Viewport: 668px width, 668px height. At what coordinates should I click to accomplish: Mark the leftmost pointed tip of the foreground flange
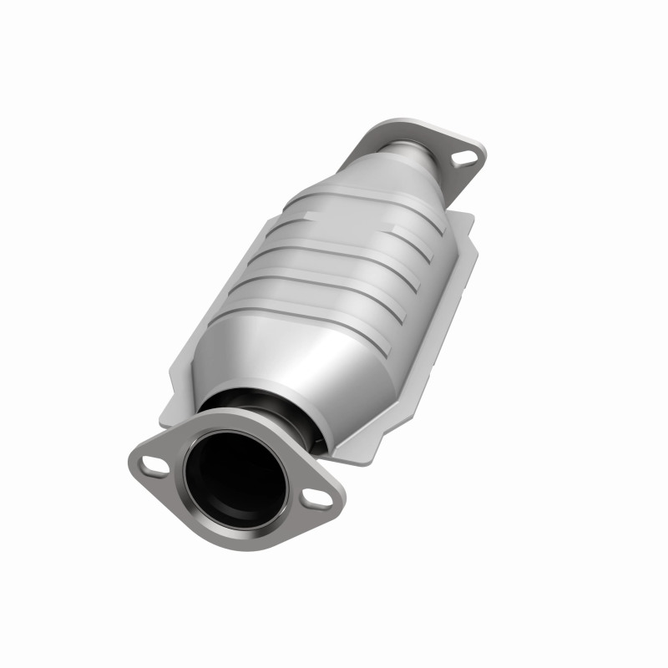coord(132,458)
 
